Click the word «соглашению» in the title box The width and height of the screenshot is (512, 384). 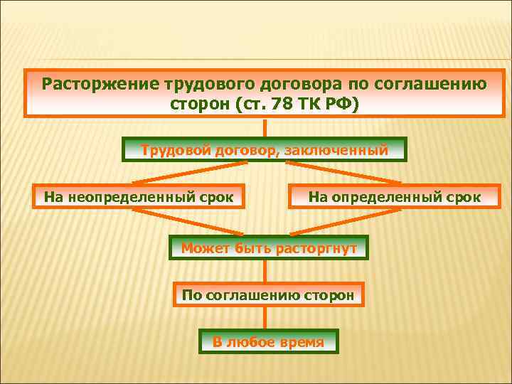431,84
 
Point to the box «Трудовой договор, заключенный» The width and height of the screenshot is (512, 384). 265,150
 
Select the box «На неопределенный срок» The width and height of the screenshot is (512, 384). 139,196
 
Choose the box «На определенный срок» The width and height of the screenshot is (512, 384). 394,196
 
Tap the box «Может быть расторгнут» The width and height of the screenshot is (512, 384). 269,247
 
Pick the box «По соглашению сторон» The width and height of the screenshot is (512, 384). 268,294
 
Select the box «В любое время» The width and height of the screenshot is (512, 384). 268,342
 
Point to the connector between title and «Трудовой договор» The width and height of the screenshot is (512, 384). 265,127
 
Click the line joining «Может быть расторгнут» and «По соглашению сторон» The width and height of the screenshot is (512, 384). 265,271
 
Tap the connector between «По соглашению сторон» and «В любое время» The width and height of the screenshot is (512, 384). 265,318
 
